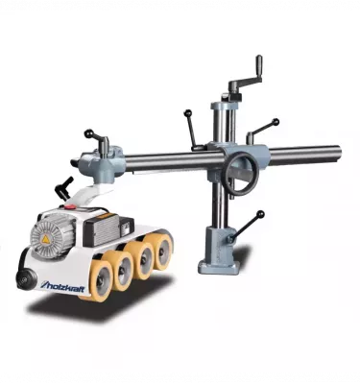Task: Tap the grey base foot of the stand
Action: point(218,261)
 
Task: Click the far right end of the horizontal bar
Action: point(336,151)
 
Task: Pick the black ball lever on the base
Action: point(259,215)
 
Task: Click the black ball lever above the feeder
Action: point(89,134)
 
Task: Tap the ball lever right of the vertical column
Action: point(275,123)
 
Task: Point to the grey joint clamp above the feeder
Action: point(102,162)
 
